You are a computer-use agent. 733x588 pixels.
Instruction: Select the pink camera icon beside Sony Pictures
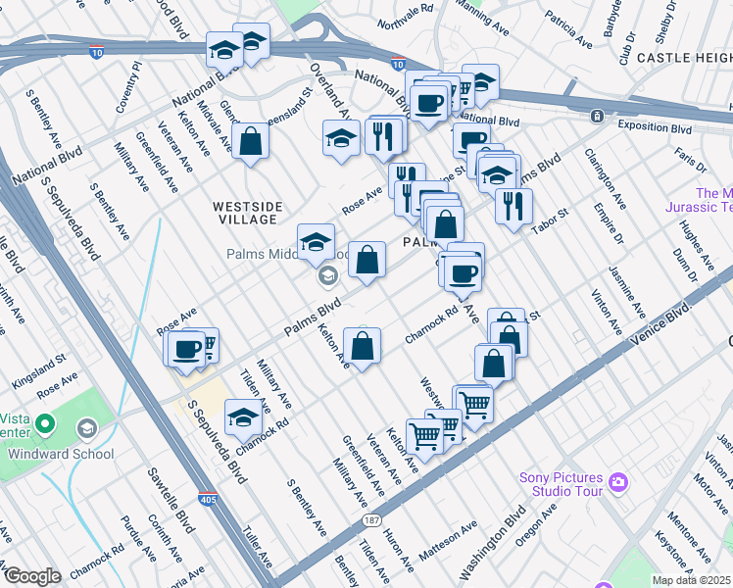[x=618, y=482]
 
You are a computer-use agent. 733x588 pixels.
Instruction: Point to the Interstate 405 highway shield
[x=208, y=499]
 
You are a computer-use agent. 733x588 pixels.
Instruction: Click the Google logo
[x=32, y=576]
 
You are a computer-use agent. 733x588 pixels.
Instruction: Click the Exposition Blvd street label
[x=656, y=128]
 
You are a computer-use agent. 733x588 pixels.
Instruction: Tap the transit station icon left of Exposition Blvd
[x=596, y=117]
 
